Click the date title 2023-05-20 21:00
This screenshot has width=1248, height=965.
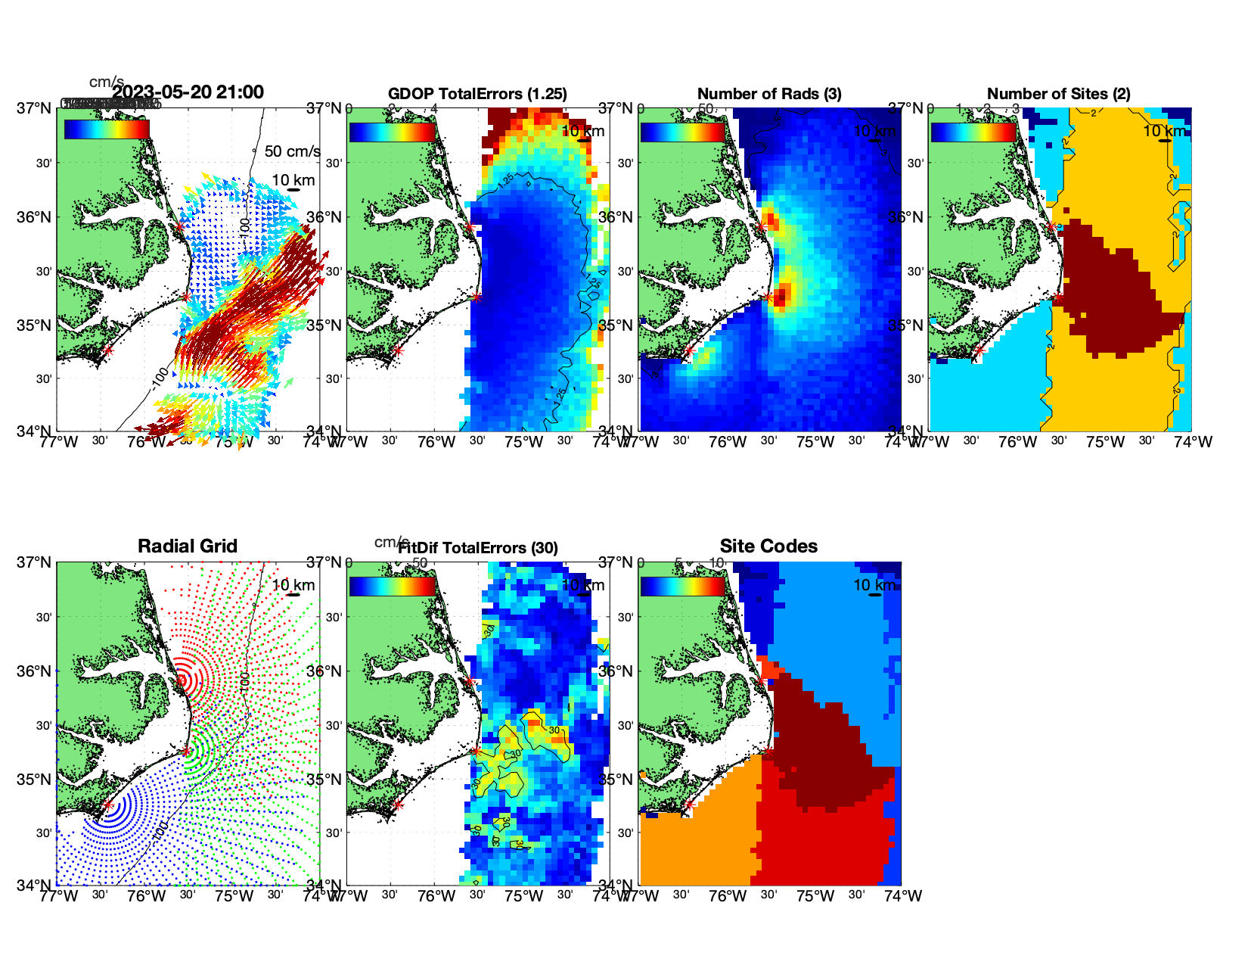pos(188,92)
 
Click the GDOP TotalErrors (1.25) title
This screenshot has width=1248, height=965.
pos(477,94)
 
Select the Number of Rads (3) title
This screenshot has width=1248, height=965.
pos(769,94)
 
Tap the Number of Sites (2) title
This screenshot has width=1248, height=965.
pos(1058,94)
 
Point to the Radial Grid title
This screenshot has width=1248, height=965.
pos(188,546)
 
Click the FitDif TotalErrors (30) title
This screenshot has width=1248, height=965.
pos(478,548)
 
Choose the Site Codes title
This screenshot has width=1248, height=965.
pos(768,546)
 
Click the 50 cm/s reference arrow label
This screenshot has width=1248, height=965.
pos(292,151)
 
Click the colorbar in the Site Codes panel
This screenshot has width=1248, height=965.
pos(682,586)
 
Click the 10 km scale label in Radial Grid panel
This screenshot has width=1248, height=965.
pos(293,585)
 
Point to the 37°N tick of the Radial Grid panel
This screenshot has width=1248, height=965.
pos(36,562)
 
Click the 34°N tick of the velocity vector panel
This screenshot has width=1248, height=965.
pos(36,431)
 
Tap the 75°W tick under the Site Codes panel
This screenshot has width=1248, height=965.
pos(815,896)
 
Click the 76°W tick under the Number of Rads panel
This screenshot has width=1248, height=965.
pos(728,442)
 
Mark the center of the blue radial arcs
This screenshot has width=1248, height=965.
pos(107,805)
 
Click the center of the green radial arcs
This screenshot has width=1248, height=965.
pos(186,751)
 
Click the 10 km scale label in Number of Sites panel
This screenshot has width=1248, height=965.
pos(1164,131)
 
